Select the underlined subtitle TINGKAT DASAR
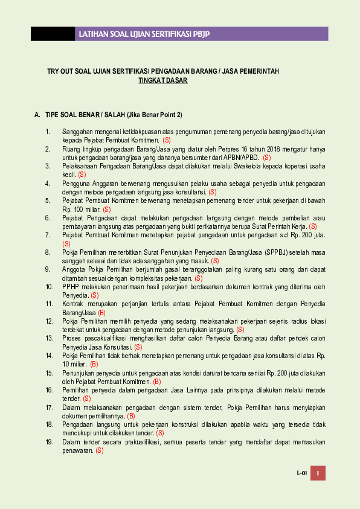pyautogui.click(x=162, y=80)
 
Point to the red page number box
pyautogui.click(x=318, y=473)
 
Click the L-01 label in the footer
pyautogui.click(x=301, y=473)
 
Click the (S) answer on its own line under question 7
pyautogui.click(x=66, y=243)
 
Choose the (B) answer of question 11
pyautogui.click(x=101, y=313)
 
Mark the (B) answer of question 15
pyautogui.click(x=157, y=382)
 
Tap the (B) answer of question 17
pyautogui.click(x=131, y=416)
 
